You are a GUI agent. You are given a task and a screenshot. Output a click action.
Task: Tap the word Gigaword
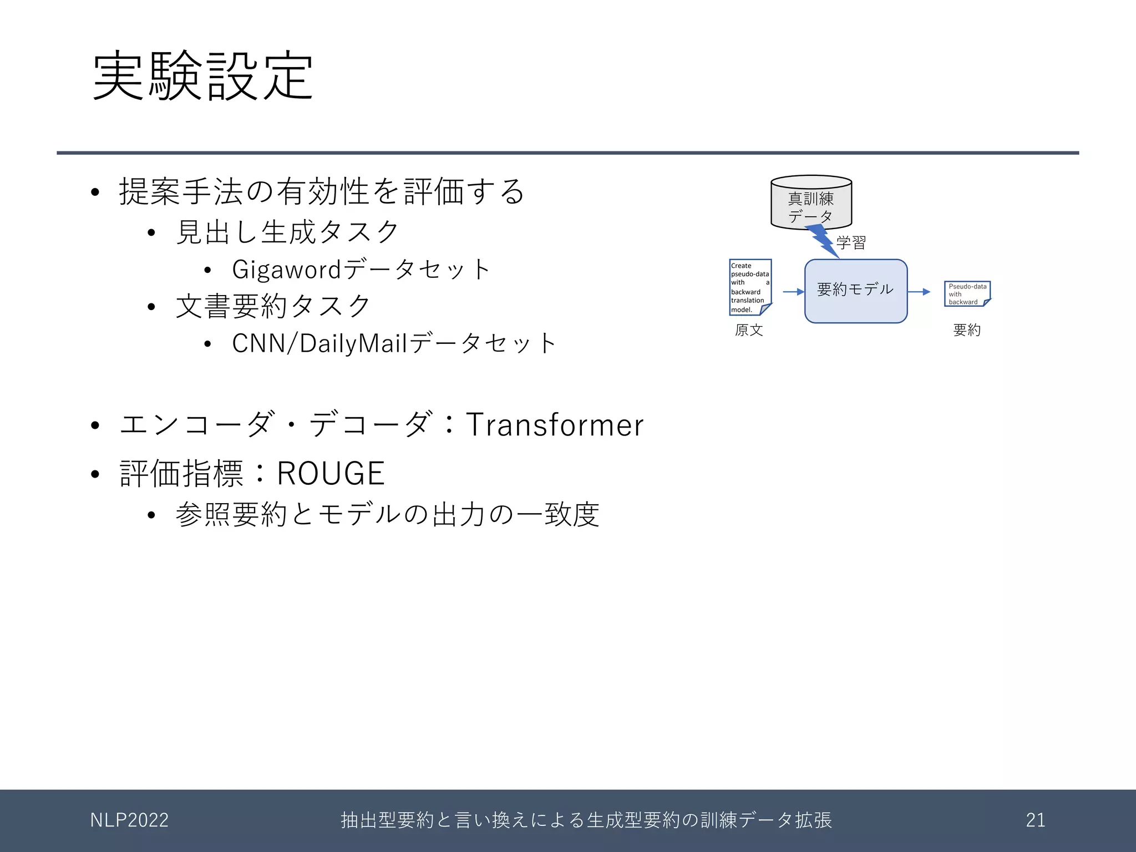(286, 270)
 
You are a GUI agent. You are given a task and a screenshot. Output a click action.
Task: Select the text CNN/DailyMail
(319, 343)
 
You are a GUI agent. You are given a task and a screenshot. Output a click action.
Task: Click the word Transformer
(554, 425)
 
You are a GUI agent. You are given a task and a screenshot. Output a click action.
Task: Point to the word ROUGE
(331, 474)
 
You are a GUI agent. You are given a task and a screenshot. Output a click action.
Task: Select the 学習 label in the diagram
(851, 242)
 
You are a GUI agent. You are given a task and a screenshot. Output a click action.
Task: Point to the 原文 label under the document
(749, 330)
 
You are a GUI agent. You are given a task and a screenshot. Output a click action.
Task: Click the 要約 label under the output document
(967, 330)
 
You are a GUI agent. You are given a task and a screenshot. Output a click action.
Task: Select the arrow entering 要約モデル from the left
(793, 292)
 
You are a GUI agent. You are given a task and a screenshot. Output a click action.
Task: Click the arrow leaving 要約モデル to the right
(919, 292)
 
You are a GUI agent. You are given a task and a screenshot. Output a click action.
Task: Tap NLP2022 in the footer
(129, 820)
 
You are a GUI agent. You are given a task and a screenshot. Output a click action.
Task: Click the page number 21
(1035, 820)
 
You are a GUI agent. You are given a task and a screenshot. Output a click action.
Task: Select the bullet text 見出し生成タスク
(287, 232)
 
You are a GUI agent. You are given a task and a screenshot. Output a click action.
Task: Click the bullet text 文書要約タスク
(273, 306)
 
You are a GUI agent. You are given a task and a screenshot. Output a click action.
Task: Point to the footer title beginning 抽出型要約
(586, 820)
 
